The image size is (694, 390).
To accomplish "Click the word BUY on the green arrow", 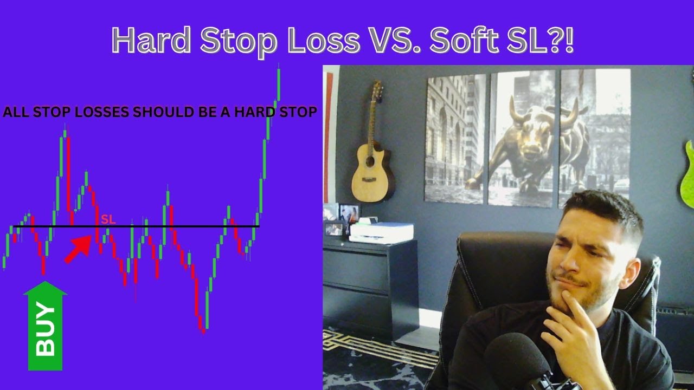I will [46, 330].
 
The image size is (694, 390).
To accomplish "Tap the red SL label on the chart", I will [108, 219].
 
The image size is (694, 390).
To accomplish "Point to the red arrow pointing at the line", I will [78, 249].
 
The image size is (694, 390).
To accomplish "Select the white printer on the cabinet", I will [381, 232].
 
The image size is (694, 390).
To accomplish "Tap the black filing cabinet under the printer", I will [369, 287].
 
